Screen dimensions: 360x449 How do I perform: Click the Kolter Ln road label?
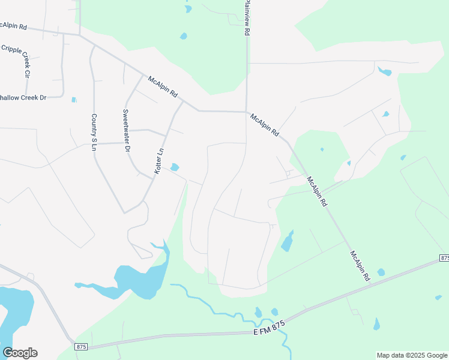point(159,162)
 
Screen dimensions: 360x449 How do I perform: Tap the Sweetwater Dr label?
point(126,130)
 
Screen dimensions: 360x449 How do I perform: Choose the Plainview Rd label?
point(246,18)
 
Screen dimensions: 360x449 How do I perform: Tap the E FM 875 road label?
point(268,329)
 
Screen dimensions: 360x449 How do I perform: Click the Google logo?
point(20,353)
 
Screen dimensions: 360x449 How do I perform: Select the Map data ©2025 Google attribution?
point(412,355)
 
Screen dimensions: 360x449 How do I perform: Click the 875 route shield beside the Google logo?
point(82,347)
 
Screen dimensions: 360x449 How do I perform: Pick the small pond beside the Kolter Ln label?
point(175,167)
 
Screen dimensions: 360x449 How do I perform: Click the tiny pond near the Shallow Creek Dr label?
point(74,100)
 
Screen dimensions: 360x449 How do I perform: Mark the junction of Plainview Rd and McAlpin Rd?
point(246,112)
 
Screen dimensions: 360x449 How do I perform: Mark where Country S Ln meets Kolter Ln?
point(124,212)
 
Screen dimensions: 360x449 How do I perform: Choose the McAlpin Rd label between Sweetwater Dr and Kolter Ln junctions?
point(163,86)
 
